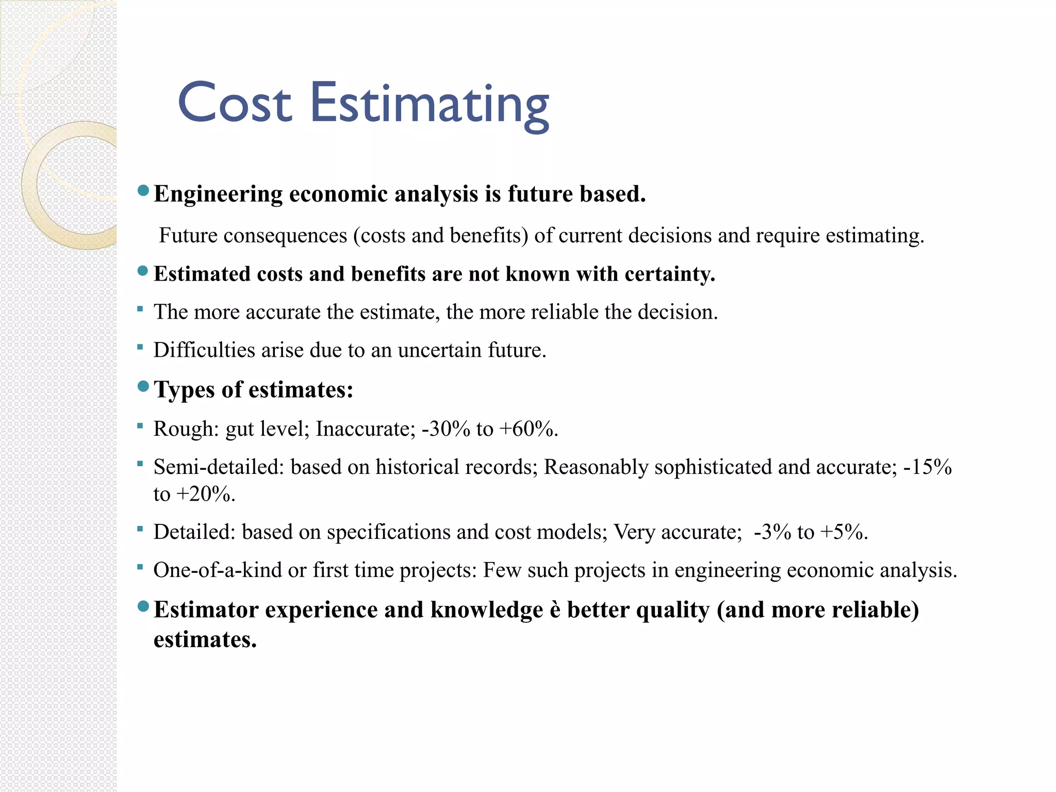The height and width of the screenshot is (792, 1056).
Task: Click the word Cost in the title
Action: coord(235,103)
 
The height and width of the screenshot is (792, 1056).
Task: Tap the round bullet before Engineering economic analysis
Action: coord(143,192)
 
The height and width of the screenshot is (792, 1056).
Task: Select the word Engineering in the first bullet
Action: coord(218,194)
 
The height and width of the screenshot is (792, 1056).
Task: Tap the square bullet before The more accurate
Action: coord(140,309)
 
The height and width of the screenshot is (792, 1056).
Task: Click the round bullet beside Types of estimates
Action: coord(143,386)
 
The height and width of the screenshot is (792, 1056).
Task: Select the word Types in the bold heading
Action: coord(185,390)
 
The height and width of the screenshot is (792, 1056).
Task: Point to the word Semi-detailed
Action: coord(219,467)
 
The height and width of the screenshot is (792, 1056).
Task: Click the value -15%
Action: coord(928,467)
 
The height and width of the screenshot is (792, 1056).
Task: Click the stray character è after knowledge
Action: coord(555,610)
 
